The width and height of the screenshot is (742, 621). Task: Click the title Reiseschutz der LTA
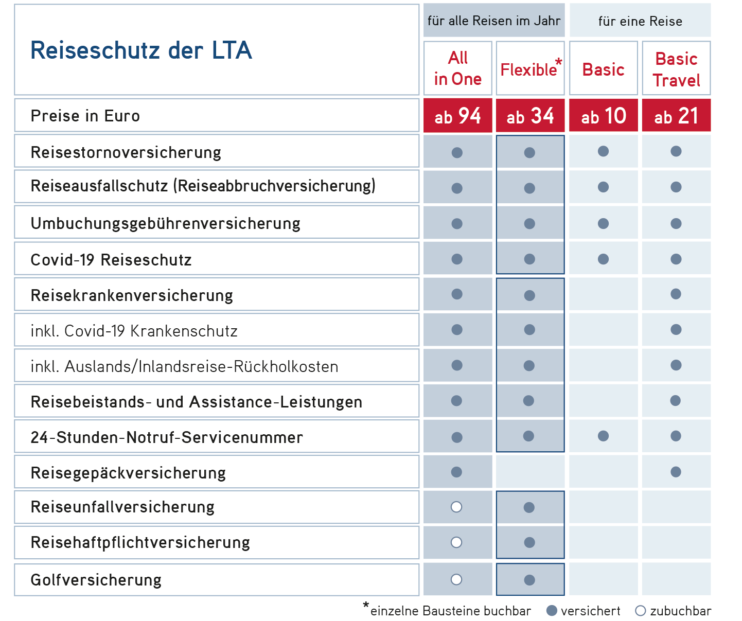pos(141,50)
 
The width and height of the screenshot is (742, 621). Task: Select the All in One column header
pos(458,68)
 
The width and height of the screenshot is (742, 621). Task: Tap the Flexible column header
pos(530,68)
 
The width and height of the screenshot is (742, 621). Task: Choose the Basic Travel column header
pos(676,68)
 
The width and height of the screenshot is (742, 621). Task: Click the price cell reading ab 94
pos(458,115)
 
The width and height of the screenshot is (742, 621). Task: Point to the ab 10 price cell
pos(604,115)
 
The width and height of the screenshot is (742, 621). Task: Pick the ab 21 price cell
pos(676,115)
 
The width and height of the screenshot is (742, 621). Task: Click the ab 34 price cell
pos(530,115)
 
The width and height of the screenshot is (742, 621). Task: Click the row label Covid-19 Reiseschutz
pos(111,260)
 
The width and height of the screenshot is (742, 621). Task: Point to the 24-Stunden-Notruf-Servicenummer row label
pos(167,437)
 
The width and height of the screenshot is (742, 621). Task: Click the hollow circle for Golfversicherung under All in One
pos(456,579)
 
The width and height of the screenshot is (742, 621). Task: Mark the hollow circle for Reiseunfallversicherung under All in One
pos(456,507)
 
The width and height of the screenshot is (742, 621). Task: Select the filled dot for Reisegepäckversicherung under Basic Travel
pos(676,472)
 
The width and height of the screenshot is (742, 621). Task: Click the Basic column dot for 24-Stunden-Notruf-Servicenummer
pos(604,436)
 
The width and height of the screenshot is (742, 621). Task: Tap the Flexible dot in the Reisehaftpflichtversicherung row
pos(529,542)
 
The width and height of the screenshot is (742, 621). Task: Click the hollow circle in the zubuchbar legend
pos(640,611)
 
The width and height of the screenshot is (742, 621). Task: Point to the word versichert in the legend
pos(591,611)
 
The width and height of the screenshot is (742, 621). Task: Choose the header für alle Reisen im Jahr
pos(494,21)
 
